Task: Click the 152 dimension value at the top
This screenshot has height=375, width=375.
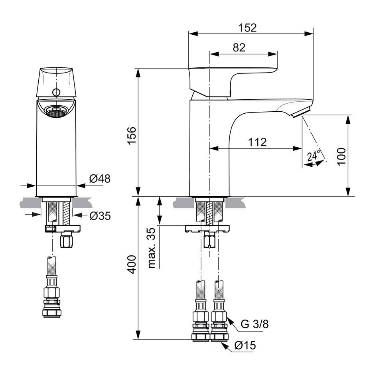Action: [247, 28]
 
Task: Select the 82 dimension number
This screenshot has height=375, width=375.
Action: [239, 47]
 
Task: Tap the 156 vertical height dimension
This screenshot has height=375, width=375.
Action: [132, 135]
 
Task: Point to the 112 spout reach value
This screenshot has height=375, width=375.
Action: [257, 142]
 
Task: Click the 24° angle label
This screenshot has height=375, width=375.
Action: [314, 156]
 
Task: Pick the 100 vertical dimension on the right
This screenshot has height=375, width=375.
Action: [341, 156]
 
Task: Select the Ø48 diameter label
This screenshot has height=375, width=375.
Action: [100, 178]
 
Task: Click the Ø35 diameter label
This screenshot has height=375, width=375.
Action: [100, 216]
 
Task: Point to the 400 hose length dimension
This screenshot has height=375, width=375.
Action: [132, 264]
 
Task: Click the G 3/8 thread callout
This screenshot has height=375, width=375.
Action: [255, 324]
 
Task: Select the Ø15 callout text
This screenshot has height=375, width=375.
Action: [245, 345]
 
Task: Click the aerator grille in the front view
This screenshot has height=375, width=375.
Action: [56, 112]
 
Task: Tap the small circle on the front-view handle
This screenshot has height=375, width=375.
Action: [56, 92]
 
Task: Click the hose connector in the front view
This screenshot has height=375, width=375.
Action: [51, 287]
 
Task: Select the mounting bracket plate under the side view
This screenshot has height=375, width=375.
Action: [207, 229]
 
